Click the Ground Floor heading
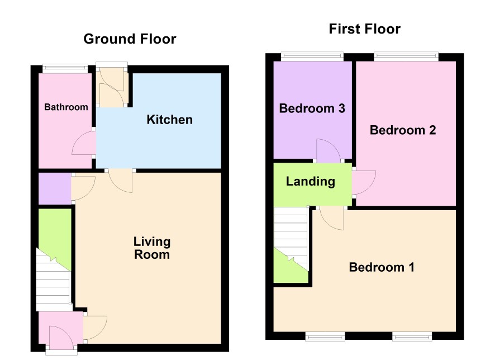(130, 39)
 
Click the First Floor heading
(365, 29)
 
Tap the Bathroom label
(66, 107)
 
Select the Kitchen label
(169, 120)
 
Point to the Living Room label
(152, 248)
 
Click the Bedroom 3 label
(312, 108)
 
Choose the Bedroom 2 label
(403, 130)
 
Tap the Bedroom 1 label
(382, 267)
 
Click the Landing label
(310, 181)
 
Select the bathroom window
(65, 67)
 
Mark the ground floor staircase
(53, 280)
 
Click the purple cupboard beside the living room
(55, 188)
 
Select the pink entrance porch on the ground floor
(60, 328)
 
